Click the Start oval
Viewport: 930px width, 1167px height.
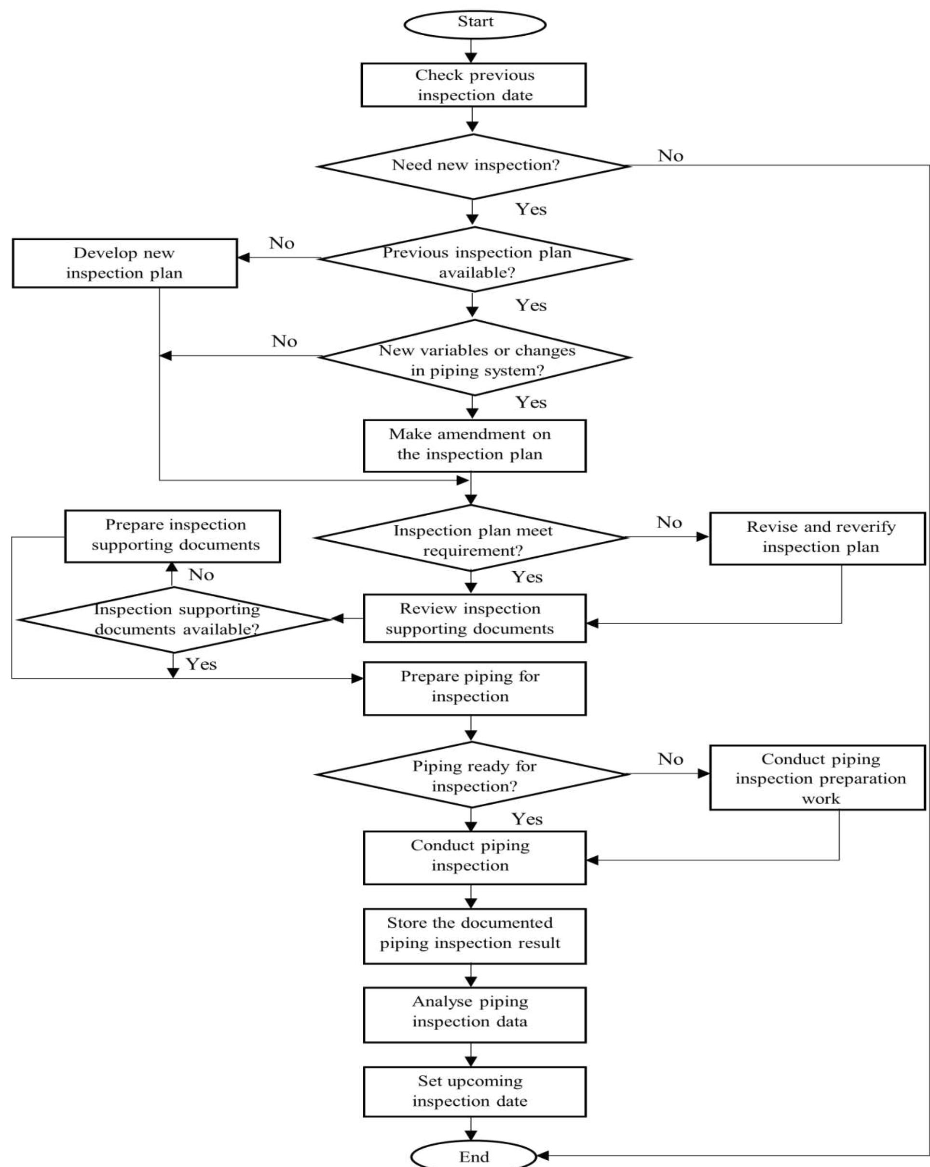coord(474,24)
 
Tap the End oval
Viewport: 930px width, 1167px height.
coord(473,1155)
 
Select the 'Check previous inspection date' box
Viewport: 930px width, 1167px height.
coord(473,85)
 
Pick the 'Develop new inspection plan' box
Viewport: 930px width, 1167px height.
coord(124,263)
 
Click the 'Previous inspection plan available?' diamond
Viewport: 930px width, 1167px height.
coord(475,259)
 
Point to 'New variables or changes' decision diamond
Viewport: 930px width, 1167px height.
coord(475,357)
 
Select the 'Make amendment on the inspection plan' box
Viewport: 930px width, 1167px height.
coord(474,445)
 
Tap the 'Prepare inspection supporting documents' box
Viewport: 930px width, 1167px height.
coord(172,536)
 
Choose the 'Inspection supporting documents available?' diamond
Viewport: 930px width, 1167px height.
coord(174,619)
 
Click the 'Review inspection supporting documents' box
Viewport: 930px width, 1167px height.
coord(474,618)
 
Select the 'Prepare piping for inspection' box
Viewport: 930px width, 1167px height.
coord(474,688)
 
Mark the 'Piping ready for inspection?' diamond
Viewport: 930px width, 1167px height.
coord(472,775)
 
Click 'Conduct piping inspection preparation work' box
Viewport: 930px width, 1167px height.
coord(816,778)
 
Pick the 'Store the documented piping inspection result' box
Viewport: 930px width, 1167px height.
coord(474,936)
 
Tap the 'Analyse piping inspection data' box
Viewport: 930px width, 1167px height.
coord(474,1015)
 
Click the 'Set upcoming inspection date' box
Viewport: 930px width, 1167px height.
coord(474,1091)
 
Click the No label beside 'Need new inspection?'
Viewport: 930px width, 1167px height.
coord(670,156)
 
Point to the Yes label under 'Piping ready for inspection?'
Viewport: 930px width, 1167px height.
coord(527,819)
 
